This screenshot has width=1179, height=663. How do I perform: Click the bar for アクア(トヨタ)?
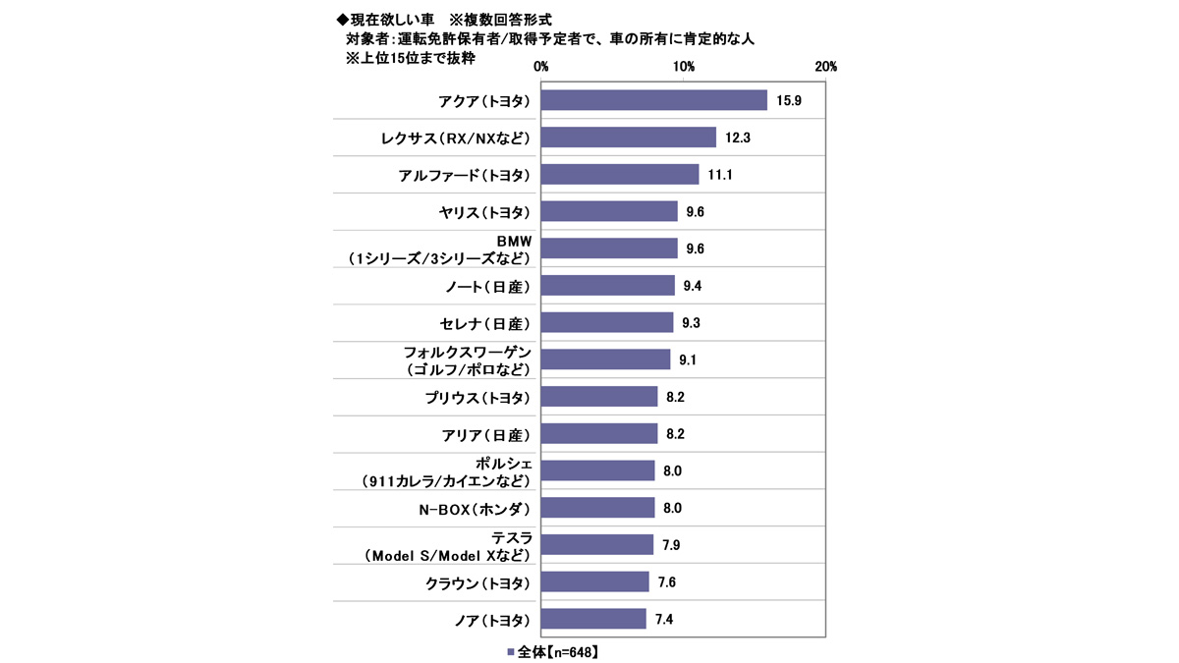click(x=653, y=100)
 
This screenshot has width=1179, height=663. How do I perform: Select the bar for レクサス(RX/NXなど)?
click(x=629, y=138)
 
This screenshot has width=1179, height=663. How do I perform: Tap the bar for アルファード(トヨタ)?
click(x=620, y=175)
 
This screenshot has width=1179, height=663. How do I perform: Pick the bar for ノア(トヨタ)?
click(x=593, y=619)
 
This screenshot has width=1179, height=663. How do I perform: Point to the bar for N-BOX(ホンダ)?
click(x=597, y=508)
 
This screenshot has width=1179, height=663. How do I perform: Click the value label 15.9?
click(x=789, y=101)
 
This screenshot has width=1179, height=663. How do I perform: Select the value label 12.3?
click(x=738, y=138)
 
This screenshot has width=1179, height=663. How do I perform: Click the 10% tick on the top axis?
click(x=684, y=67)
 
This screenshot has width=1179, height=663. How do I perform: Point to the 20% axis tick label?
click(x=825, y=67)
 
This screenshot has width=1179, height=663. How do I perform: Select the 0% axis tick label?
click(x=541, y=67)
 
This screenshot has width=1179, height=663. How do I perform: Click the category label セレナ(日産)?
click(x=484, y=322)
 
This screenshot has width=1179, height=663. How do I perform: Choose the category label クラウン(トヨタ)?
click(x=477, y=582)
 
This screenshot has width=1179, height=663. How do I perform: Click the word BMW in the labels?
click(x=510, y=240)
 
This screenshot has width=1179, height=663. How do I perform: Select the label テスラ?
click(x=510, y=536)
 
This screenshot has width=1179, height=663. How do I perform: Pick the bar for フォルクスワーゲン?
click(x=605, y=359)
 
